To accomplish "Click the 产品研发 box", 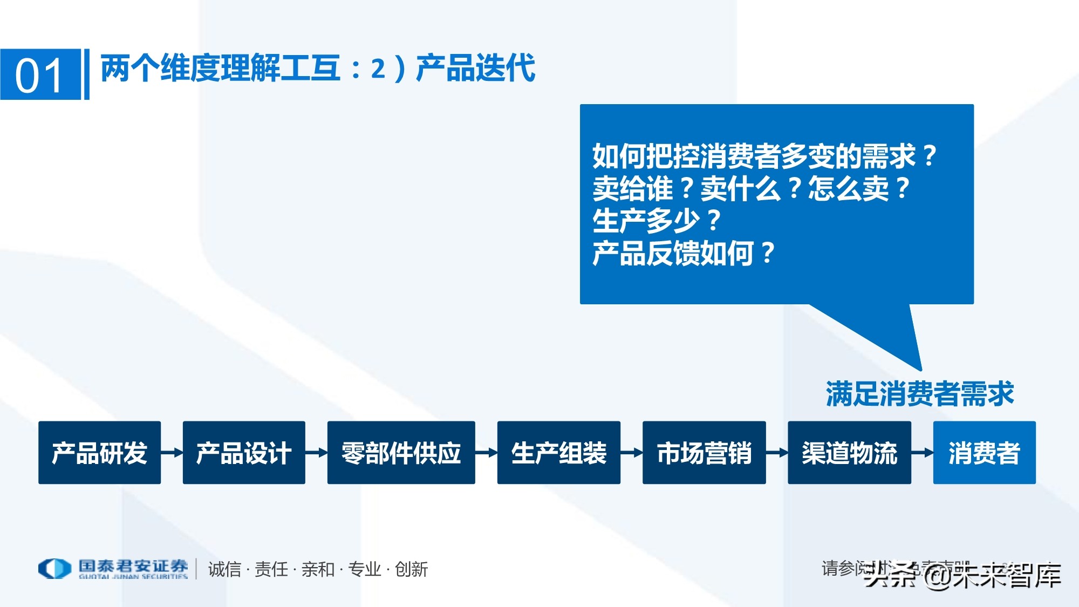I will tap(99, 453).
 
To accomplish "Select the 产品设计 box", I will tap(244, 453).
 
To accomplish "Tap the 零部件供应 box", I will tap(401, 453).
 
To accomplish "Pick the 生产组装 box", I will tap(558, 453).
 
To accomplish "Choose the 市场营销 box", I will tap(704, 453).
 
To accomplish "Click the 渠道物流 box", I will tap(849, 453).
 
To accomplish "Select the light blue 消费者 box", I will tap(984, 453).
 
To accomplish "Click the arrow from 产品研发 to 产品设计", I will tap(172, 453).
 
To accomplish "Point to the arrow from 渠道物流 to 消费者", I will tap(923, 453).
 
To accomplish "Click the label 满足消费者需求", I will tap(920, 394).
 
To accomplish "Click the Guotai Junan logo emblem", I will tap(54, 569).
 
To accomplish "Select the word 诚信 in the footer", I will tap(224, 569).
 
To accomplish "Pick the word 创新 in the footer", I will tap(411, 569).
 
